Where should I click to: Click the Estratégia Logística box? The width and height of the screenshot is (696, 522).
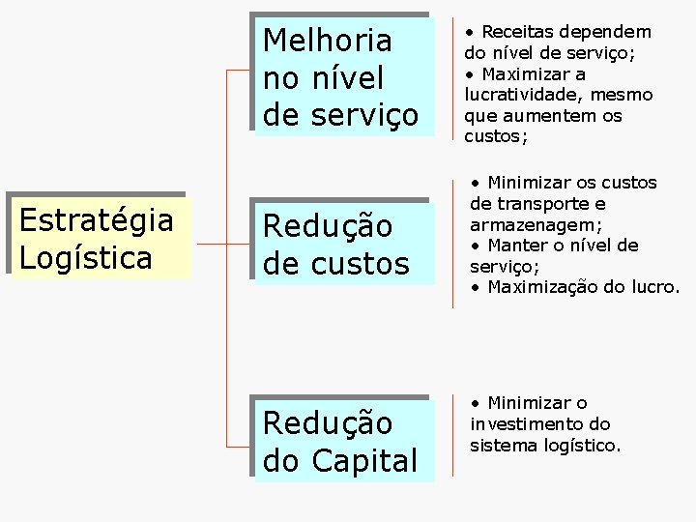(x=97, y=239)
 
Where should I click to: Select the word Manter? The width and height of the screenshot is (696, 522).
(x=521, y=246)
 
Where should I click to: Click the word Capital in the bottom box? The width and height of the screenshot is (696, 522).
(x=363, y=461)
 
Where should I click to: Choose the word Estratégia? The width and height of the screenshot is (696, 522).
(x=96, y=220)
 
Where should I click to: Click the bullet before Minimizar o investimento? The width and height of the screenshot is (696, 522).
(x=476, y=403)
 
